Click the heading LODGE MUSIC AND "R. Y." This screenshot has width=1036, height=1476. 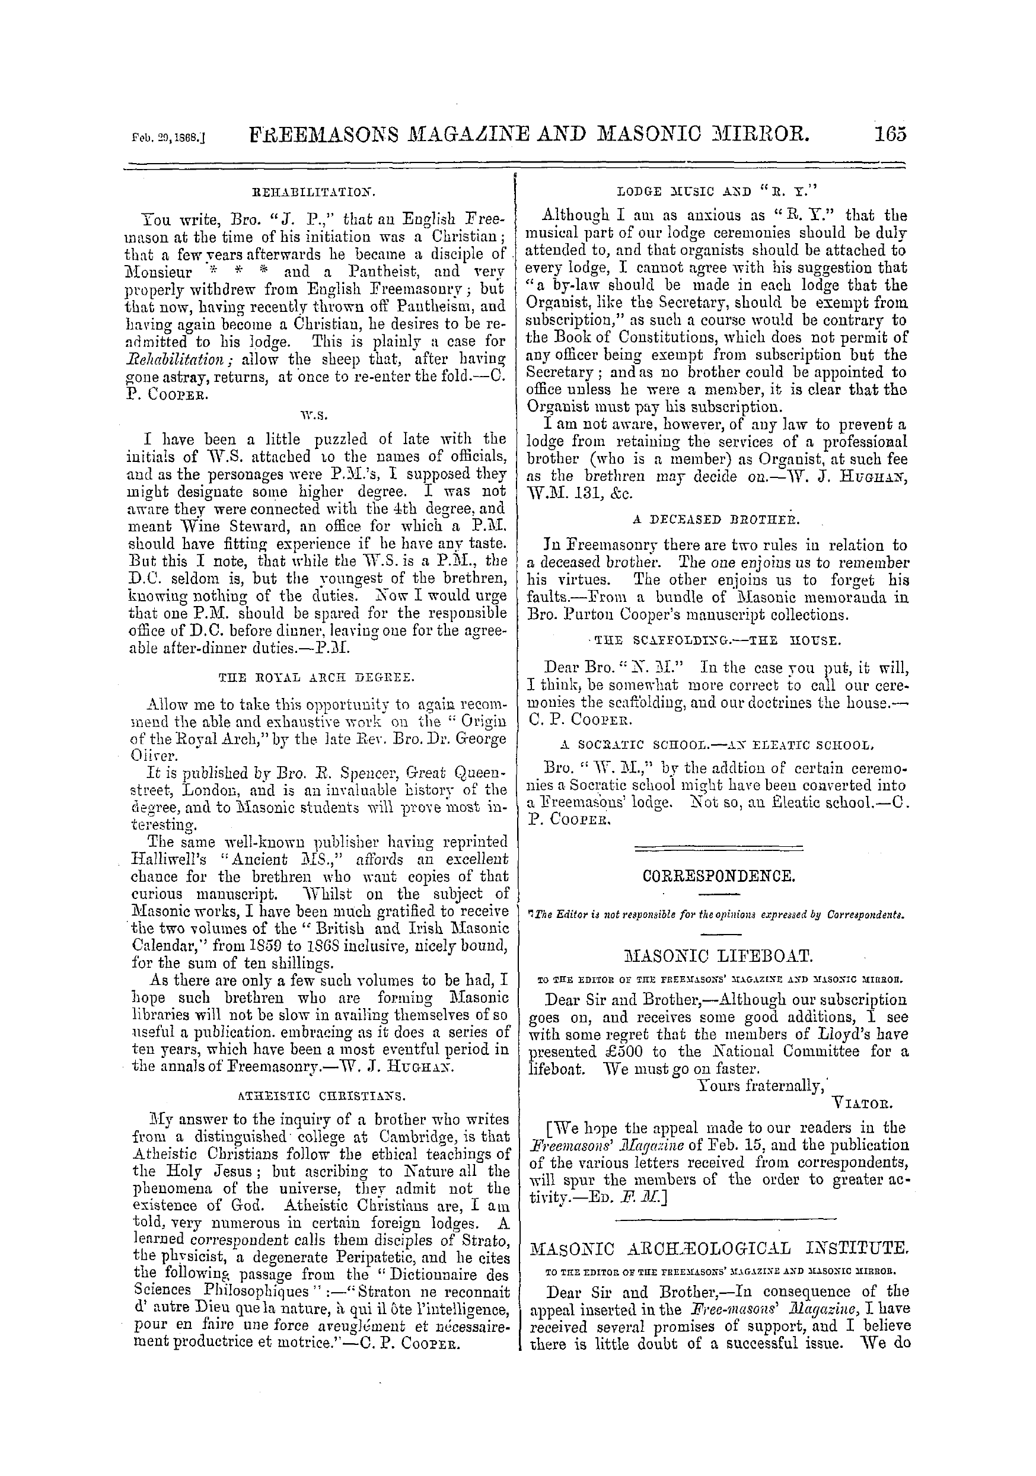[716, 191]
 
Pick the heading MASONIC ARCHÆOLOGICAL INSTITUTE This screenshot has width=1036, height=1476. [719, 1248]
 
